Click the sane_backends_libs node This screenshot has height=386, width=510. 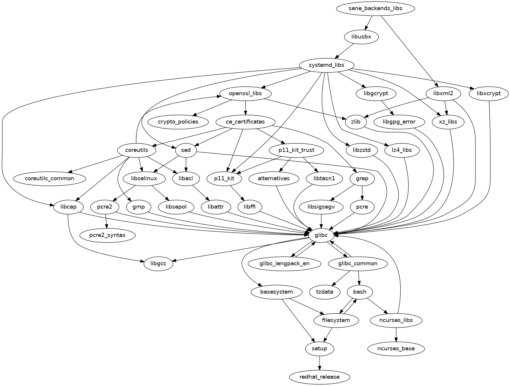[x=375, y=8]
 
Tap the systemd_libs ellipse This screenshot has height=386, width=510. [x=326, y=65]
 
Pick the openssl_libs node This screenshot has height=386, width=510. [x=245, y=93]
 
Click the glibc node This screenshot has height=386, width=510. [x=321, y=235]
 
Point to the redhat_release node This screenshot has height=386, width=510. [x=319, y=377]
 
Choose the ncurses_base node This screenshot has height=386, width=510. [x=396, y=348]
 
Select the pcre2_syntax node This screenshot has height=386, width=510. [x=107, y=235]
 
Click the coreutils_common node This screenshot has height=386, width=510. [x=49, y=178]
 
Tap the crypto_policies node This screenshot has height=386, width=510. [x=178, y=122]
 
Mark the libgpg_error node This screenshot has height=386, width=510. [x=399, y=122]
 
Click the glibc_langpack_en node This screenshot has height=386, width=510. [x=284, y=263]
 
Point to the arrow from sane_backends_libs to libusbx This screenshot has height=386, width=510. [x=369, y=23]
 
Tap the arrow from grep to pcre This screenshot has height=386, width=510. [x=362, y=193]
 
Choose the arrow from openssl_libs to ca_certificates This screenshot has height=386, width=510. [x=245, y=108]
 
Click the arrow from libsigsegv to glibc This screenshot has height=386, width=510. [x=321, y=221]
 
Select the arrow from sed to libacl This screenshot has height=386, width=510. [x=186, y=165]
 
